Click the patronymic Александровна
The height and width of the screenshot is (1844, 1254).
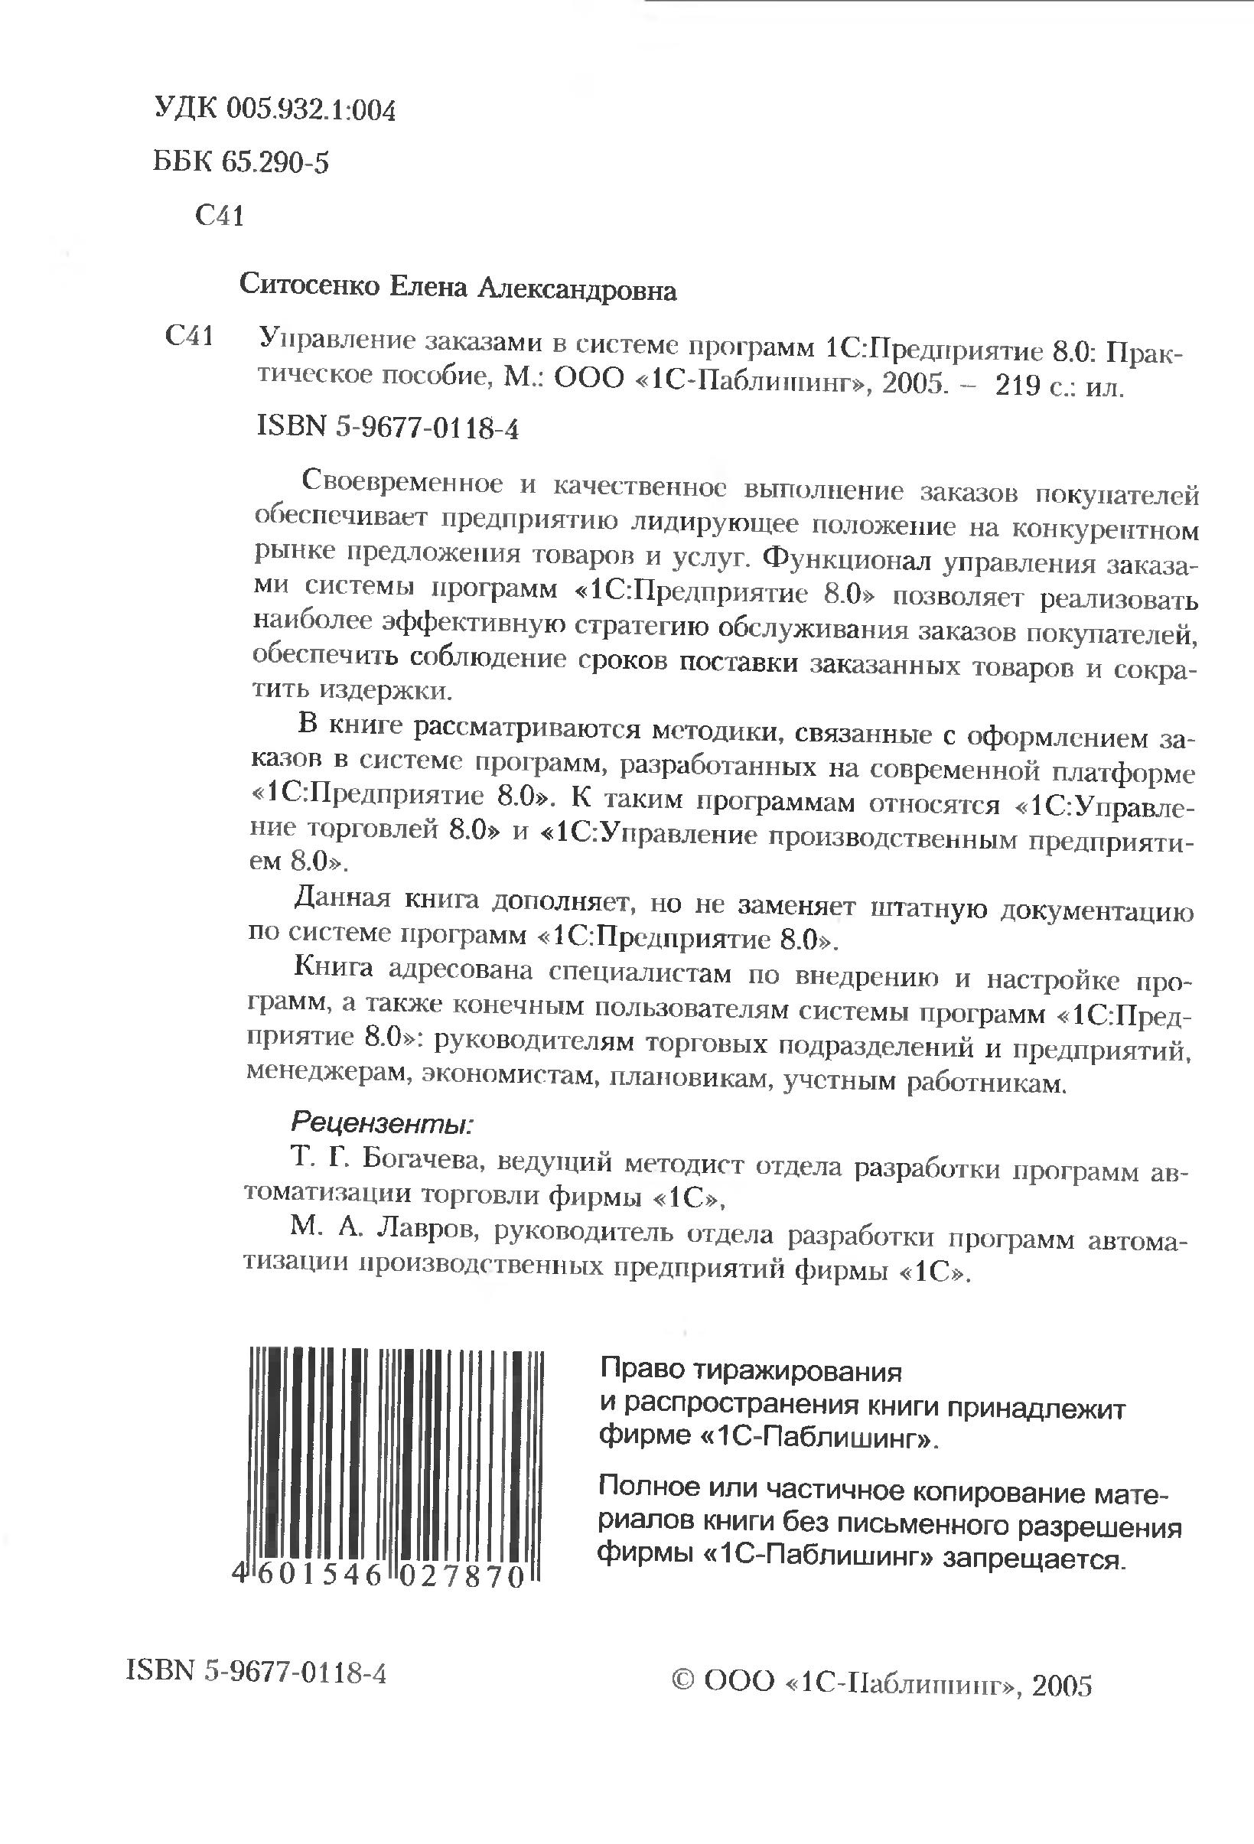point(576,291)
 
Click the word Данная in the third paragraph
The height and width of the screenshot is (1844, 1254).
point(342,898)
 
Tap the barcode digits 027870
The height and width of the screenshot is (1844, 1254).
point(461,1577)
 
